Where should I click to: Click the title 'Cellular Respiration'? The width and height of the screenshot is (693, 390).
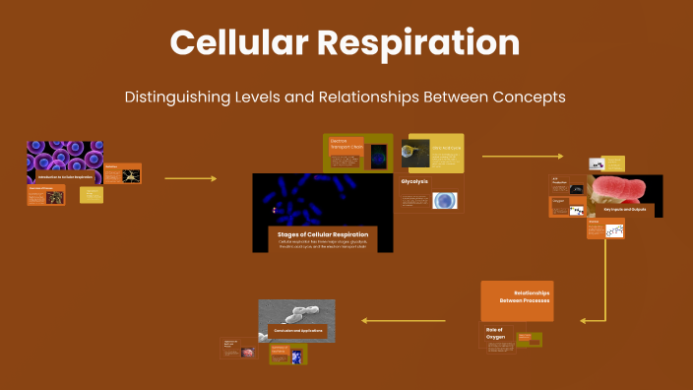coord(346,43)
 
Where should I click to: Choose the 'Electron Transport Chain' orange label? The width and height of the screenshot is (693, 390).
coord(346,149)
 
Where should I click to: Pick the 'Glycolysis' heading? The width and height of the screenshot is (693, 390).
coord(415,182)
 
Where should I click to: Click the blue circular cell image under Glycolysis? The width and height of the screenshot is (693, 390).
coord(445,200)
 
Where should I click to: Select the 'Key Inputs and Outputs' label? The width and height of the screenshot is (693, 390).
coord(623,210)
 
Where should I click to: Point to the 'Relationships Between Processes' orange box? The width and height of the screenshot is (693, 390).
coord(517,299)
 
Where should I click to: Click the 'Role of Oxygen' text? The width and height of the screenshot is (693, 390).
coord(495,334)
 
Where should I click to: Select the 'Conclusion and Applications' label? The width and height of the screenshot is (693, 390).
coord(295,330)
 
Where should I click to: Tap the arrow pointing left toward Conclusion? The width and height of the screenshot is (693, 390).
coord(404,320)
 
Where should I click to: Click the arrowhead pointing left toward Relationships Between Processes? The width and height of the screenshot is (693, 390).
coord(585,320)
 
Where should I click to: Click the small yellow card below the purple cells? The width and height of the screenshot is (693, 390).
coord(92,194)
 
